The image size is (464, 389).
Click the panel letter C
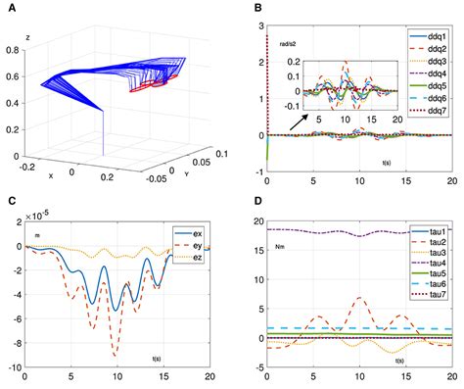[x=8, y=204]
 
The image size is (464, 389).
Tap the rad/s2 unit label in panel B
[x=288, y=42]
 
